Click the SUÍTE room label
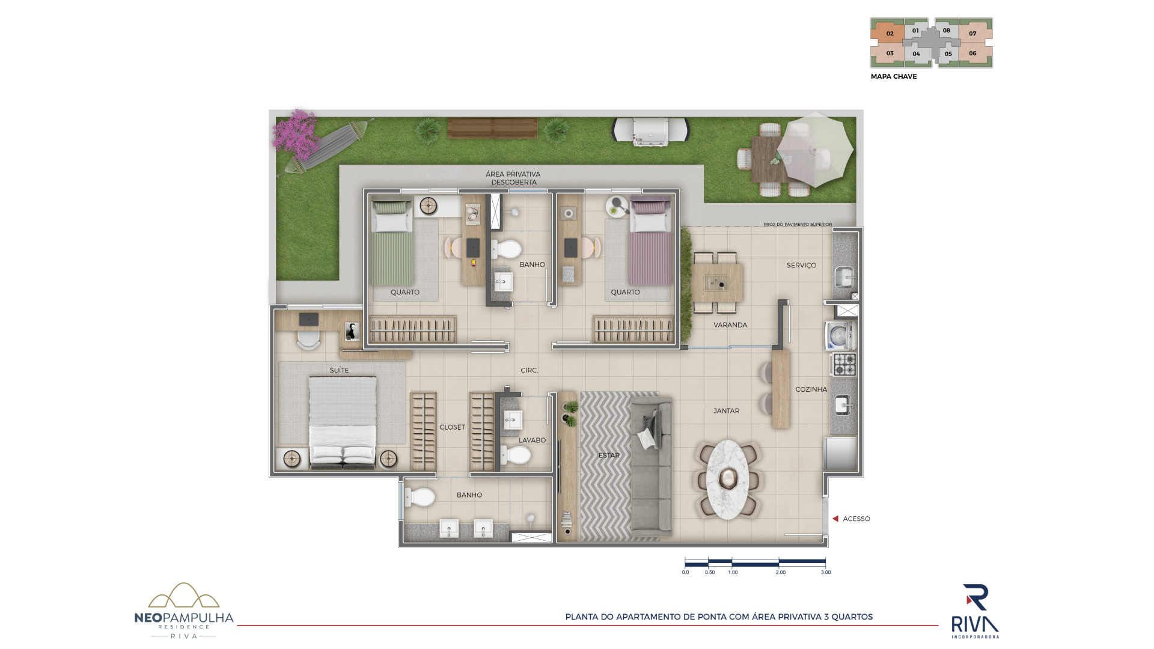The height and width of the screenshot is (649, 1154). pyautogui.click(x=339, y=370)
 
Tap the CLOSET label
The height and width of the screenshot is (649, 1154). pyautogui.click(x=452, y=427)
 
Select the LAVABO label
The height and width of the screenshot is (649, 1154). pyautogui.click(x=532, y=440)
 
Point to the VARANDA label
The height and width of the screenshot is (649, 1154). pyautogui.click(x=730, y=325)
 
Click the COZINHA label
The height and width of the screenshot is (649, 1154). pyautogui.click(x=811, y=389)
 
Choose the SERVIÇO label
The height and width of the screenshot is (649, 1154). pyautogui.click(x=801, y=265)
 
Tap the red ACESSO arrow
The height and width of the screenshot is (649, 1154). pyautogui.click(x=835, y=519)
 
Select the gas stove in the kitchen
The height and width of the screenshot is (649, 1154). pyautogui.click(x=844, y=365)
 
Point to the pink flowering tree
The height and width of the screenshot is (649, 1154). pyautogui.click(x=295, y=129)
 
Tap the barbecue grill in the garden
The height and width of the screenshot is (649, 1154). pyautogui.click(x=651, y=131)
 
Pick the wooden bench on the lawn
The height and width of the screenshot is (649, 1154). pyautogui.click(x=492, y=128)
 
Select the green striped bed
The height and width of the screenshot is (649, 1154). pyautogui.click(x=391, y=243)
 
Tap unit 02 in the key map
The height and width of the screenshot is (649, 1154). pyautogui.click(x=888, y=33)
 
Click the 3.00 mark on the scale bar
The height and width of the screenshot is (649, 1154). pyautogui.click(x=826, y=572)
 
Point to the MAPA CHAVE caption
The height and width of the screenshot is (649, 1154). pyautogui.click(x=894, y=76)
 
